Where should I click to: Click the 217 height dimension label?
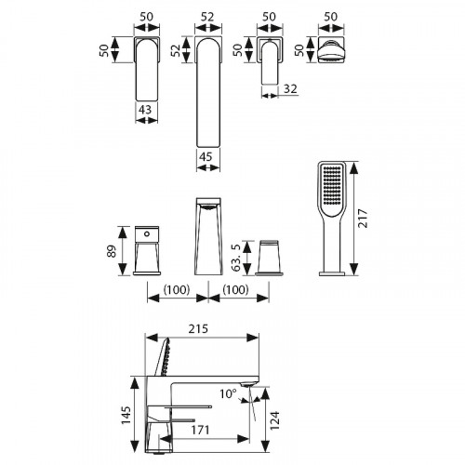[x=363, y=219]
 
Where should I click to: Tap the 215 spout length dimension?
[x=198, y=328]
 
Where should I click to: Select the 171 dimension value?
[x=200, y=431]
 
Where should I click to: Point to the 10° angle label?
[x=228, y=394]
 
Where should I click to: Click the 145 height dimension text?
[x=126, y=415]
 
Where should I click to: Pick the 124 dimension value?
[x=274, y=420]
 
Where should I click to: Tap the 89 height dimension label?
[x=112, y=251]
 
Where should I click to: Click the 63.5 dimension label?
[x=236, y=258]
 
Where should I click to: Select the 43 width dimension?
[x=145, y=110]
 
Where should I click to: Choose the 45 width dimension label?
[x=206, y=156]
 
